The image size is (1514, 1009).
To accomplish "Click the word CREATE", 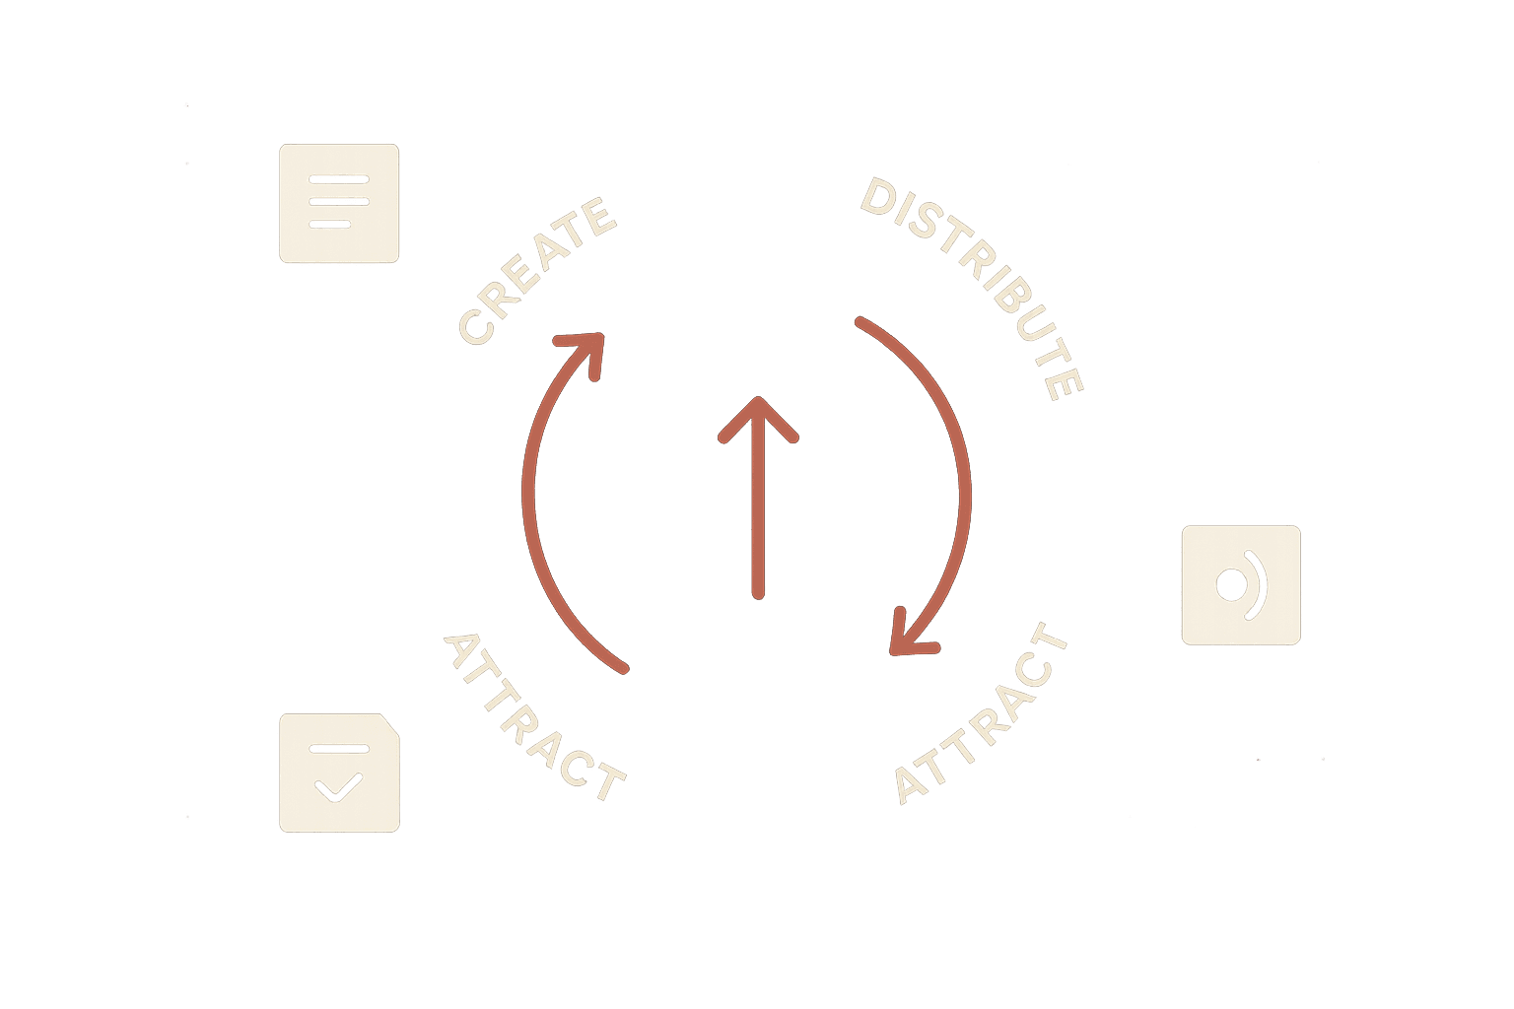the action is [536, 270].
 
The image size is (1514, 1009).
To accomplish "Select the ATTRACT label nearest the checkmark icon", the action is [534, 717].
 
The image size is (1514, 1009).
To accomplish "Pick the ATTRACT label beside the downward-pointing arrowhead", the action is [981, 713].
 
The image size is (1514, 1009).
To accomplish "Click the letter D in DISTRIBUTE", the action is [878, 197].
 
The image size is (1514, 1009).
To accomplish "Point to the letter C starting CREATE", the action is [476, 326].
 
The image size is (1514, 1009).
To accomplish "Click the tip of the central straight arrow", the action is [758, 399].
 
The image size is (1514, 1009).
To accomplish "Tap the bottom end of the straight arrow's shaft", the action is [758, 595].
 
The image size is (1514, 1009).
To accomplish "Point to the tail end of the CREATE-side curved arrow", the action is [624, 669].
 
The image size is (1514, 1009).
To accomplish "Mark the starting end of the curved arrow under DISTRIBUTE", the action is [860, 321].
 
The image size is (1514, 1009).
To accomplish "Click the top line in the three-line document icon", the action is [339, 179].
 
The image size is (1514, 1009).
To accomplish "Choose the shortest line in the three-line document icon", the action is [330, 224].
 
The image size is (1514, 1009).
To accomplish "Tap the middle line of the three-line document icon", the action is [339, 201].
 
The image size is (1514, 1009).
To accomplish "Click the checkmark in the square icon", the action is [339, 787].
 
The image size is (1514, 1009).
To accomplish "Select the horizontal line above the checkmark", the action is [339, 749].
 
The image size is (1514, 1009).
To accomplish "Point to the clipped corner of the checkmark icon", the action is [390, 724].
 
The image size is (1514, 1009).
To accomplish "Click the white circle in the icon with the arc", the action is [1231, 584].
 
